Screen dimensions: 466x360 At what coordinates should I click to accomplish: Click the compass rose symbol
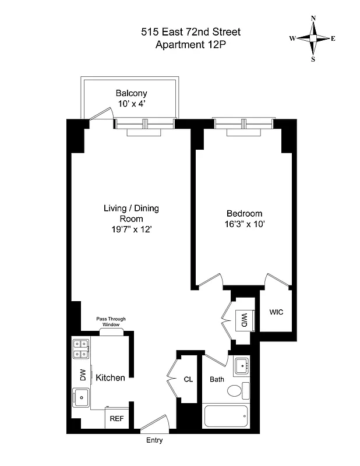tap(313, 38)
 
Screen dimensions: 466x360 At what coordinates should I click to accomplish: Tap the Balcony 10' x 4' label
tap(131, 98)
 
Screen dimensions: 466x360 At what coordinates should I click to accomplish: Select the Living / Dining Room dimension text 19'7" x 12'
tap(131, 229)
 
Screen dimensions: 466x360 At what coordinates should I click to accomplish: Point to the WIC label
tap(276, 312)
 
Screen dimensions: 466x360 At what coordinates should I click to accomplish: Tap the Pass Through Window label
tap(111, 322)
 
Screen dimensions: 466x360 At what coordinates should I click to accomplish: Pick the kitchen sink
tap(80, 399)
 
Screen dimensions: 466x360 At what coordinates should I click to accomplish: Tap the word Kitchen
tap(110, 378)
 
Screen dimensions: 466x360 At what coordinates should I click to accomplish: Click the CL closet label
tap(188, 379)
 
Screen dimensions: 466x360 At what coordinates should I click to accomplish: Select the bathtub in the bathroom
tap(227, 416)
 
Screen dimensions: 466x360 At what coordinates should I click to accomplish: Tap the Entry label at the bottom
tap(154, 440)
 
